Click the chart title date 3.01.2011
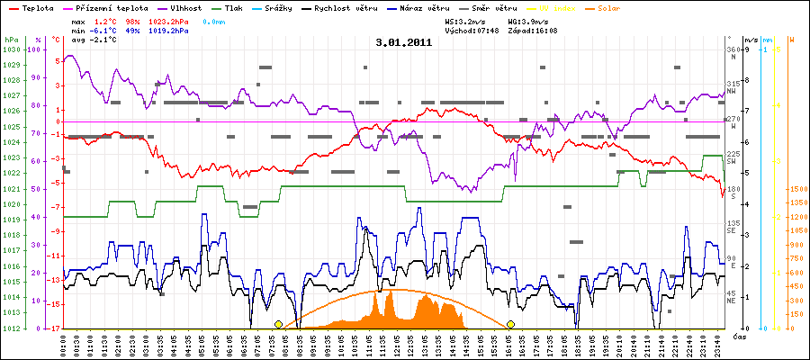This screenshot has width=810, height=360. (x=405, y=42)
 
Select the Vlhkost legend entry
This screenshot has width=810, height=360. (x=186, y=6)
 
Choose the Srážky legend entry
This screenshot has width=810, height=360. (x=282, y=6)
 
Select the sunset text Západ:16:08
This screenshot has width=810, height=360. (x=533, y=30)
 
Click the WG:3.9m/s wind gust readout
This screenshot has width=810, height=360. (x=528, y=20)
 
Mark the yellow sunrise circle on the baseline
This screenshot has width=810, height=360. (x=278, y=324)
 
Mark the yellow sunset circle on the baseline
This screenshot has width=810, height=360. (x=511, y=324)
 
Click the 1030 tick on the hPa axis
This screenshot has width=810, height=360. (x=11, y=49)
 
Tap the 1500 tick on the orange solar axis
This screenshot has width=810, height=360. (x=796, y=190)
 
